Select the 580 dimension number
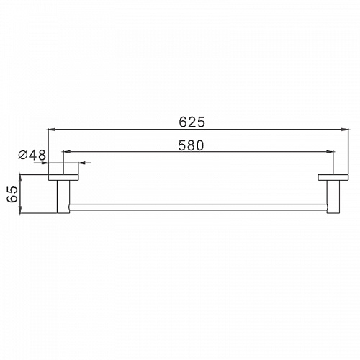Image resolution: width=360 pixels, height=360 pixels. [x=191, y=145]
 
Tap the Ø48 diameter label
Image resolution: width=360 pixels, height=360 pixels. [x=31, y=155]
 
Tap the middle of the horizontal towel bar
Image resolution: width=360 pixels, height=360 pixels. [x=199, y=206]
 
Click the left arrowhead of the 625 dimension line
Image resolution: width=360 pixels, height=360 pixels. [x=51, y=130]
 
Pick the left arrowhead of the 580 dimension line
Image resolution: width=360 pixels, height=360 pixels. [x=67, y=152]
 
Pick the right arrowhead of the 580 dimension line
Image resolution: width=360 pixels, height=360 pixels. [x=332, y=152]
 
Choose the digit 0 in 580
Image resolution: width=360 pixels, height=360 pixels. [x=201, y=145]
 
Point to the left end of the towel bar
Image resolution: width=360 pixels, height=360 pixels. [x=70, y=206]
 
